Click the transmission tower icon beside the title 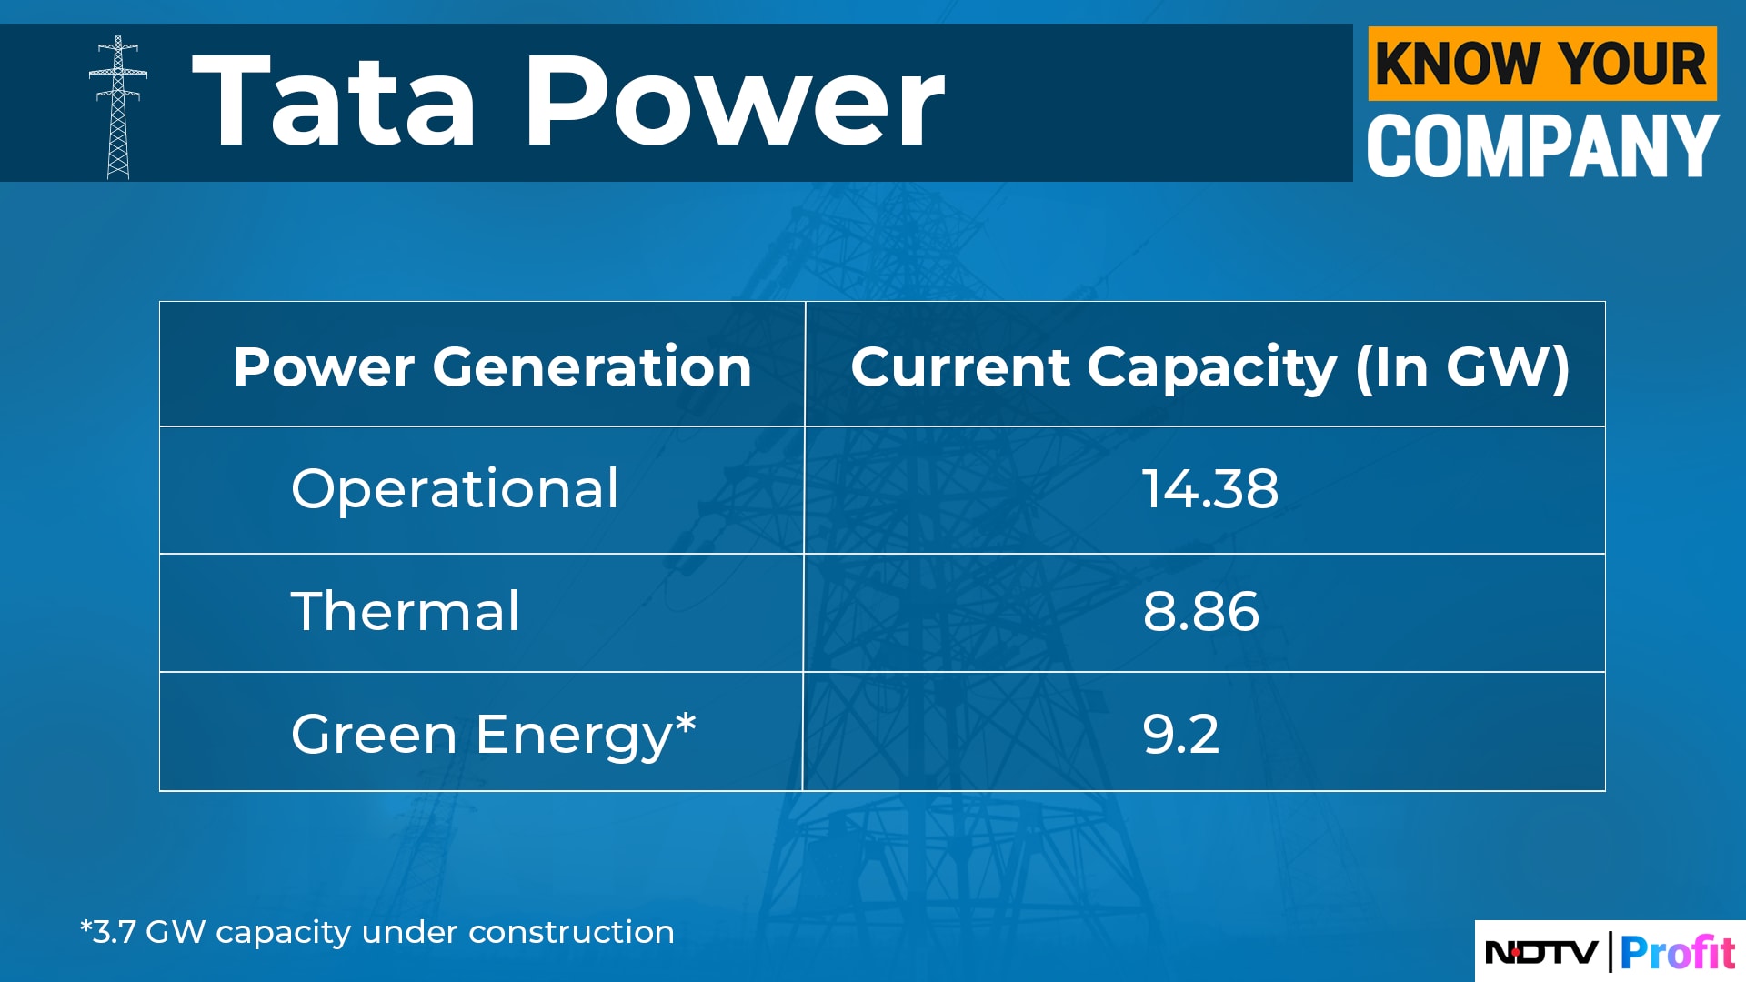pos(118,107)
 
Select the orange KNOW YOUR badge pos(1542,64)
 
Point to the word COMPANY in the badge pos(1543,145)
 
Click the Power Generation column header pos(492,366)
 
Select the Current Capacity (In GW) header pos(1210,367)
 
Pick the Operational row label pos(455,489)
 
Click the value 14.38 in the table pos(1209,489)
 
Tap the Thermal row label pos(406,610)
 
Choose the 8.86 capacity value pos(1201,611)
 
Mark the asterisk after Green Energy pos(686,724)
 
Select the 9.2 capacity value pos(1180,735)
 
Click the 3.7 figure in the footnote pos(115,932)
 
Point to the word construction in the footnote pos(571,932)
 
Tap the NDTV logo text pos(1541,953)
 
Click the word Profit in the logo pos(1678,953)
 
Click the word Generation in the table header pos(592,366)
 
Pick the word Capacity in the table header pos(1212,368)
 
